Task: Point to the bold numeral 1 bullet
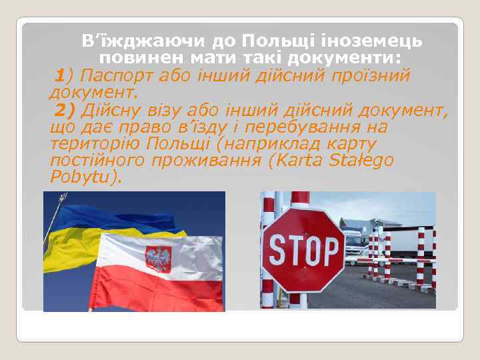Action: click(61, 75)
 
